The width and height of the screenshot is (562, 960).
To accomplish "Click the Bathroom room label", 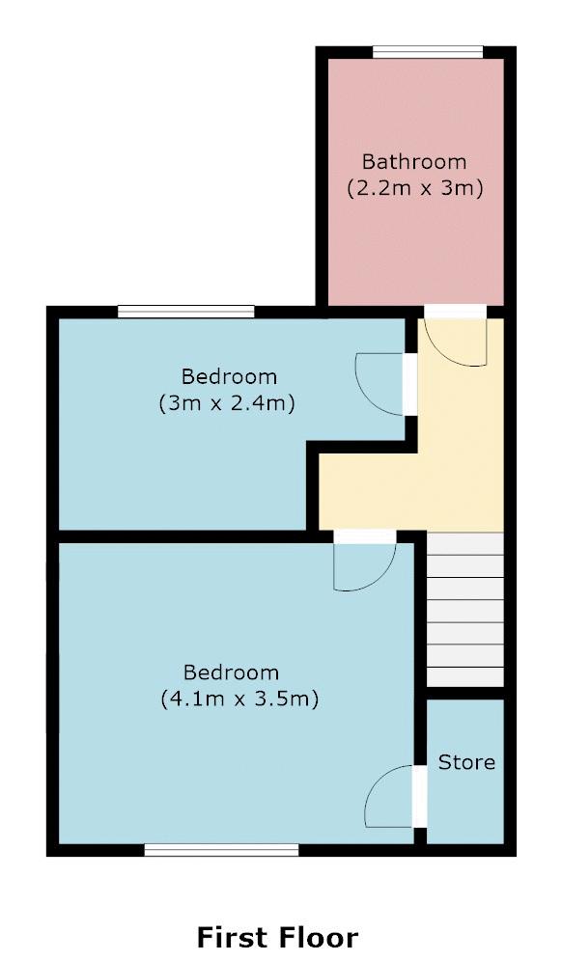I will (x=413, y=161).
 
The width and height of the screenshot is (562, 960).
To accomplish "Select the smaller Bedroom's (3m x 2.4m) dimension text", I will (x=226, y=402).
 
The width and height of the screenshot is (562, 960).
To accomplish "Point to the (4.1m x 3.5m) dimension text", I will (x=239, y=698).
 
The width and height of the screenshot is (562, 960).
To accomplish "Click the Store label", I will (x=466, y=762).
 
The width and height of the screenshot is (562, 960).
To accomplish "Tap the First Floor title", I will (x=277, y=936).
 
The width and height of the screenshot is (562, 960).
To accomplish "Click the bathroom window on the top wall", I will (x=428, y=52).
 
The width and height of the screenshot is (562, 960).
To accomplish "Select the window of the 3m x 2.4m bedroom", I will (x=185, y=311).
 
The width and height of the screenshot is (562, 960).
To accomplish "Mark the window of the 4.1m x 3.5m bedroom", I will (x=221, y=850).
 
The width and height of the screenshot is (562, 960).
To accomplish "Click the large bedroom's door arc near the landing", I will (x=363, y=567).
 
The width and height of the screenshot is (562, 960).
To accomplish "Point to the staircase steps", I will (x=465, y=608).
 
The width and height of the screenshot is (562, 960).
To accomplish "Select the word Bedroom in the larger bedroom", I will (x=231, y=672).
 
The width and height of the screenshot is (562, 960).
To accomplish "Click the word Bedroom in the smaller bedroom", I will (x=229, y=376).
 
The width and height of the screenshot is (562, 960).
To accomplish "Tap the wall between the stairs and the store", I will (x=465, y=693).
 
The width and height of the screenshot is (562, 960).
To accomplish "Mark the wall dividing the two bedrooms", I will (x=183, y=535).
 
